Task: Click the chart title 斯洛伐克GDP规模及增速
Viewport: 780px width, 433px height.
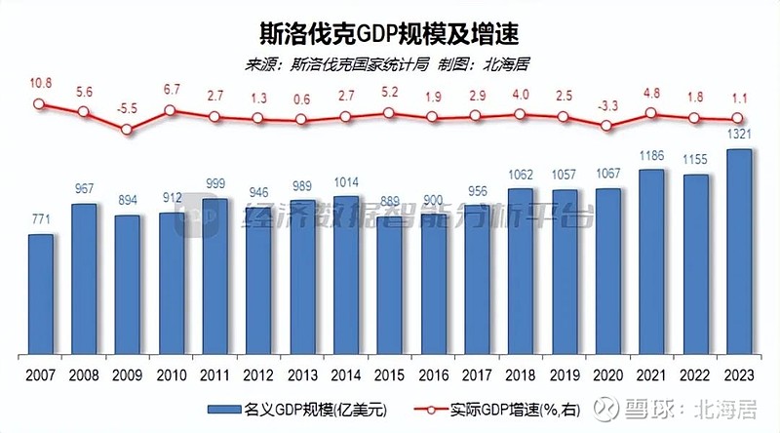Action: pyautogui.click(x=390, y=33)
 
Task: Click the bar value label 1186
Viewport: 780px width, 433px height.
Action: pyautogui.click(x=651, y=155)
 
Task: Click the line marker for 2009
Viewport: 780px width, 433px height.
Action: pyautogui.click(x=127, y=129)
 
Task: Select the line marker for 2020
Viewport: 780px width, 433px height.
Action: pyautogui.click(x=608, y=125)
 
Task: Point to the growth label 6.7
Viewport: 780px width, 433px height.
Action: pyautogui.click(x=171, y=90)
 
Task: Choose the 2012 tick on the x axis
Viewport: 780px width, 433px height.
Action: pyautogui.click(x=258, y=375)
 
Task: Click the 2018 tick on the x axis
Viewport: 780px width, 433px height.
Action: pyautogui.click(x=521, y=375)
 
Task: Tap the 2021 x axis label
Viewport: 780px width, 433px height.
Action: pyautogui.click(x=651, y=375)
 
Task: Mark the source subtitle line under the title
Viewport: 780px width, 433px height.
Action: pyautogui.click(x=390, y=64)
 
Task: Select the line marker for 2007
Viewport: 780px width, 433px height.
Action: pyautogui.click(x=40, y=104)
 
